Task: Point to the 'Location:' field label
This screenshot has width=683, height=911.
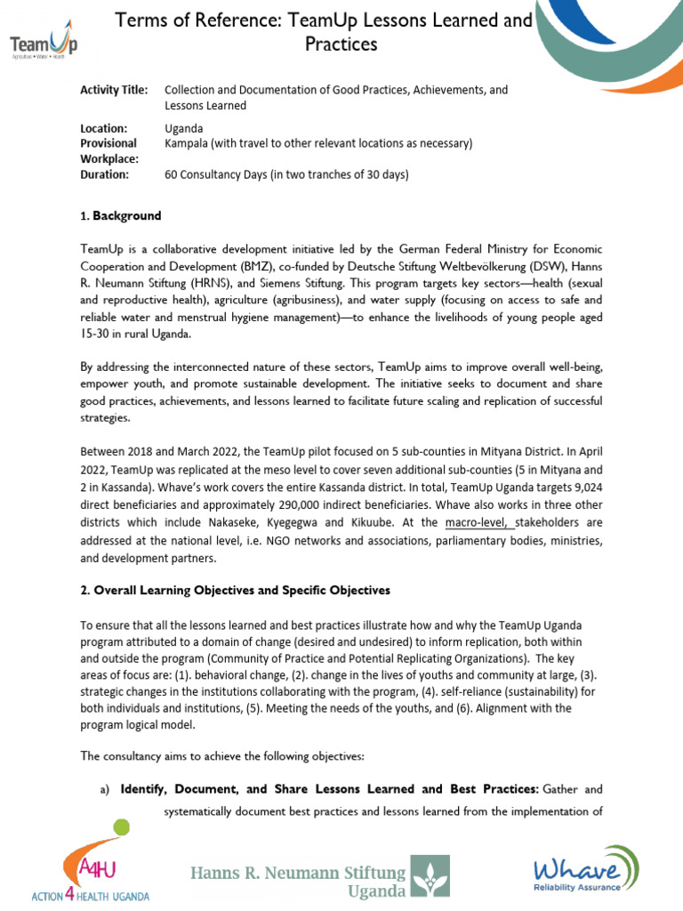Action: (104, 128)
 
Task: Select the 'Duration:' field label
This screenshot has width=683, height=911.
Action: (105, 174)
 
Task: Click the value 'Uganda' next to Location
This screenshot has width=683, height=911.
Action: (184, 128)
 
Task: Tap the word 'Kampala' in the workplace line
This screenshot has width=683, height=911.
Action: (188, 143)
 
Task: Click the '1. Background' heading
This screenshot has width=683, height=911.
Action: (121, 216)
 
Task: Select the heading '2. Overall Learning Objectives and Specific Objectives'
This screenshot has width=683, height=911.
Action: (235, 590)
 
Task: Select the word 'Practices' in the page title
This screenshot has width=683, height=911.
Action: (341, 44)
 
